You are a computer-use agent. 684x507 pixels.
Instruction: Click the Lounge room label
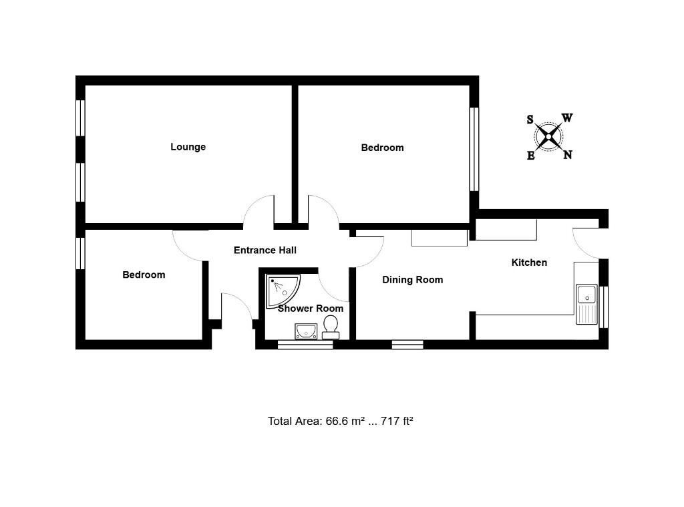click(188, 147)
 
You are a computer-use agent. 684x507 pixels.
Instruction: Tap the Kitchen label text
click(529, 263)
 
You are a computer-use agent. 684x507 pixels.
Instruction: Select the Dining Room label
click(412, 280)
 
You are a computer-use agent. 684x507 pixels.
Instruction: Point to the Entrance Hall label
click(265, 250)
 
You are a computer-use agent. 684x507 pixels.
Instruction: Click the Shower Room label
click(311, 309)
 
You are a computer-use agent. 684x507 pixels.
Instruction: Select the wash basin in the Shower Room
click(306, 331)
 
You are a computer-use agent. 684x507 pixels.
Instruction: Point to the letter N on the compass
click(567, 155)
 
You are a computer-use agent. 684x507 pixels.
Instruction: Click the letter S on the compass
click(530, 120)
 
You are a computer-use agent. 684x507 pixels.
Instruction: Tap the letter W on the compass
click(566, 118)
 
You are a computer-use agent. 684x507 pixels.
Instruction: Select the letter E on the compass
click(531, 156)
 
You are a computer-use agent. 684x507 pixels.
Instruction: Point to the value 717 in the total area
click(389, 421)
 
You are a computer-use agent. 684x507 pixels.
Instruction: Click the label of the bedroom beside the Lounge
click(382, 148)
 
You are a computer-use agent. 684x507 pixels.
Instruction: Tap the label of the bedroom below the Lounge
click(144, 275)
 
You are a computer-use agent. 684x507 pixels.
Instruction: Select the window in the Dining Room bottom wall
click(407, 345)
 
